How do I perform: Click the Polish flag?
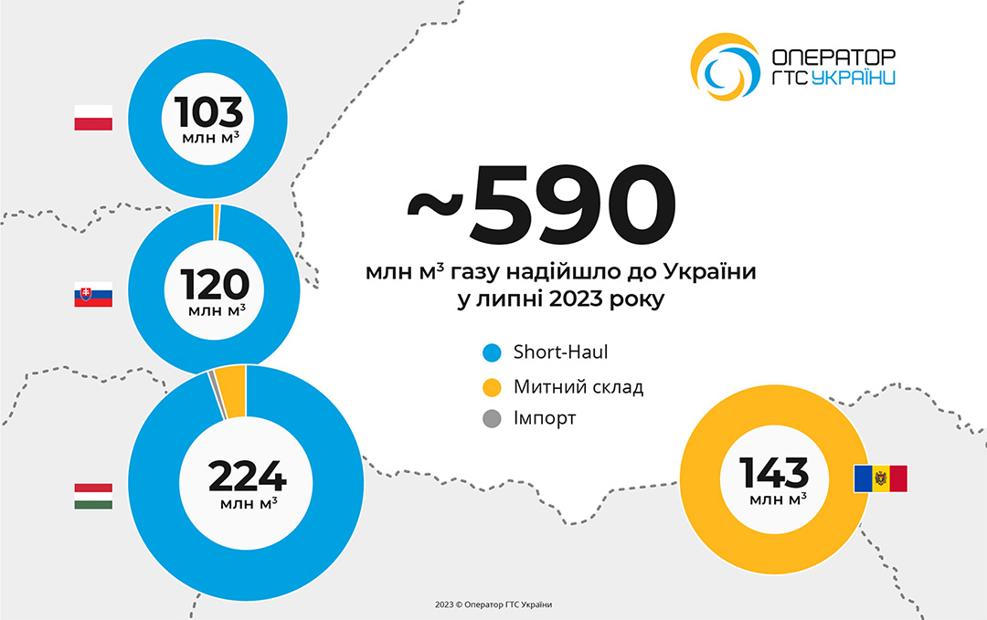(x=93, y=118)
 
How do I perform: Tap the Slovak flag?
(x=93, y=294)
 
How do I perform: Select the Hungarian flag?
(x=93, y=496)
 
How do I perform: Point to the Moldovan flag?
(x=880, y=478)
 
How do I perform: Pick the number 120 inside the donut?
(x=214, y=285)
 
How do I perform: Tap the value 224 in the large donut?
(x=247, y=477)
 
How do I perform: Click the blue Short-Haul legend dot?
(x=492, y=352)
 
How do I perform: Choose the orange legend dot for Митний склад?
(x=492, y=386)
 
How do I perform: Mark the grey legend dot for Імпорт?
(x=492, y=419)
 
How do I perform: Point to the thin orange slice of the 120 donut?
(x=217, y=221)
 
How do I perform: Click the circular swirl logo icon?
(x=723, y=67)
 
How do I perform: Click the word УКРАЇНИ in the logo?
(x=853, y=79)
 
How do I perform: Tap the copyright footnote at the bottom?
(x=493, y=604)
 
